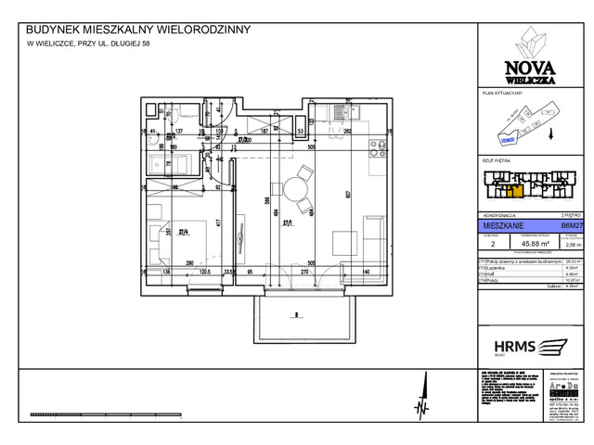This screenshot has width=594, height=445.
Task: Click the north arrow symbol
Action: [422, 406]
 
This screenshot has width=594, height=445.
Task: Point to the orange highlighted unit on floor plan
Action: [512, 192]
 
